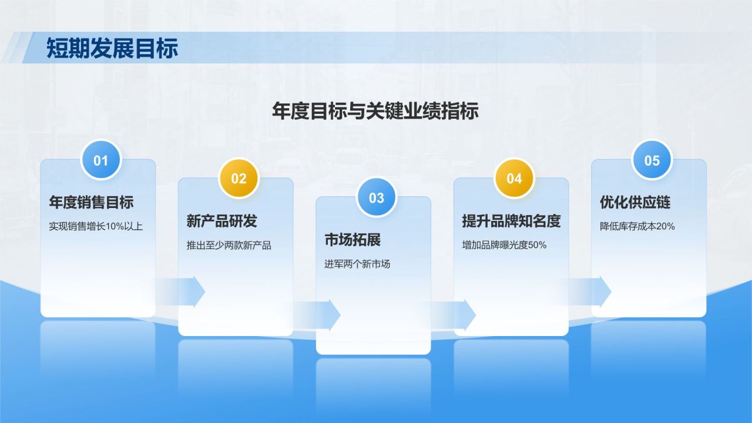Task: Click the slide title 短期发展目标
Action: [x=112, y=48]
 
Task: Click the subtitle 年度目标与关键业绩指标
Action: [x=375, y=111]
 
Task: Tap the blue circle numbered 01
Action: [x=101, y=160]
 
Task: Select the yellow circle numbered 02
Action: [x=239, y=179]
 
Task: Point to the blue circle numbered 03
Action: [x=377, y=197]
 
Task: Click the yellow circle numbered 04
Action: [x=514, y=179]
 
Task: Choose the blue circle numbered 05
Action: [x=652, y=160]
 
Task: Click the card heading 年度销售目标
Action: [x=91, y=203]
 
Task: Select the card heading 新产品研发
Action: [x=221, y=221]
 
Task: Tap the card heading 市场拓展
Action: [x=352, y=240]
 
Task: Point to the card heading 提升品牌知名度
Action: [x=511, y=221]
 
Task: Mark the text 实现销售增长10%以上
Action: [x=96, y=226]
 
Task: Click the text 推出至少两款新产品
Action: [x=229, y=246]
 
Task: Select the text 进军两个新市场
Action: [x=357, y=264]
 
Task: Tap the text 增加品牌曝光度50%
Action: [x=504, y=246]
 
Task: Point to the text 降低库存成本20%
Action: [x=637, y=226]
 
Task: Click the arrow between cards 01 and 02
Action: [x=188, y=291]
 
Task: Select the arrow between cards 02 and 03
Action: [x=323, y=315]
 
